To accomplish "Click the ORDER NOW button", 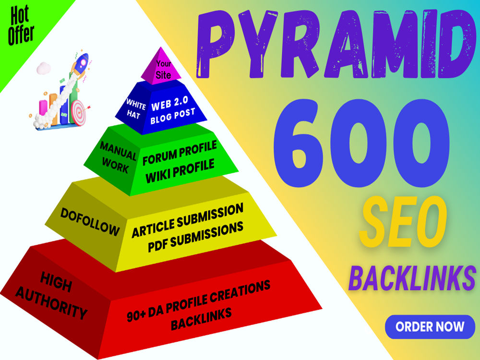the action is pos(430,326).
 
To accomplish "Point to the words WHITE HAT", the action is pos(135,109).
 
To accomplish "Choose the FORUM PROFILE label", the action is pos(180,153).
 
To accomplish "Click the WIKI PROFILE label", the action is pos(180,171).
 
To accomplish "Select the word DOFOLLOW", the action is pos(90,222).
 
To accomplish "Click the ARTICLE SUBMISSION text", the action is pos(188,220).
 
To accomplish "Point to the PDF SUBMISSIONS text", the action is pos(196,237).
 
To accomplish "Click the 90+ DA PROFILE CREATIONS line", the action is pos(199,300).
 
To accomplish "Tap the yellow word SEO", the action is pos(403,223).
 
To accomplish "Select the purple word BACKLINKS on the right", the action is pos(412,278).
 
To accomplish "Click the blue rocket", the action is pos(81,64).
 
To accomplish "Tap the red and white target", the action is pos(79,112).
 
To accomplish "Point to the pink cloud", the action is pos(44,68).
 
